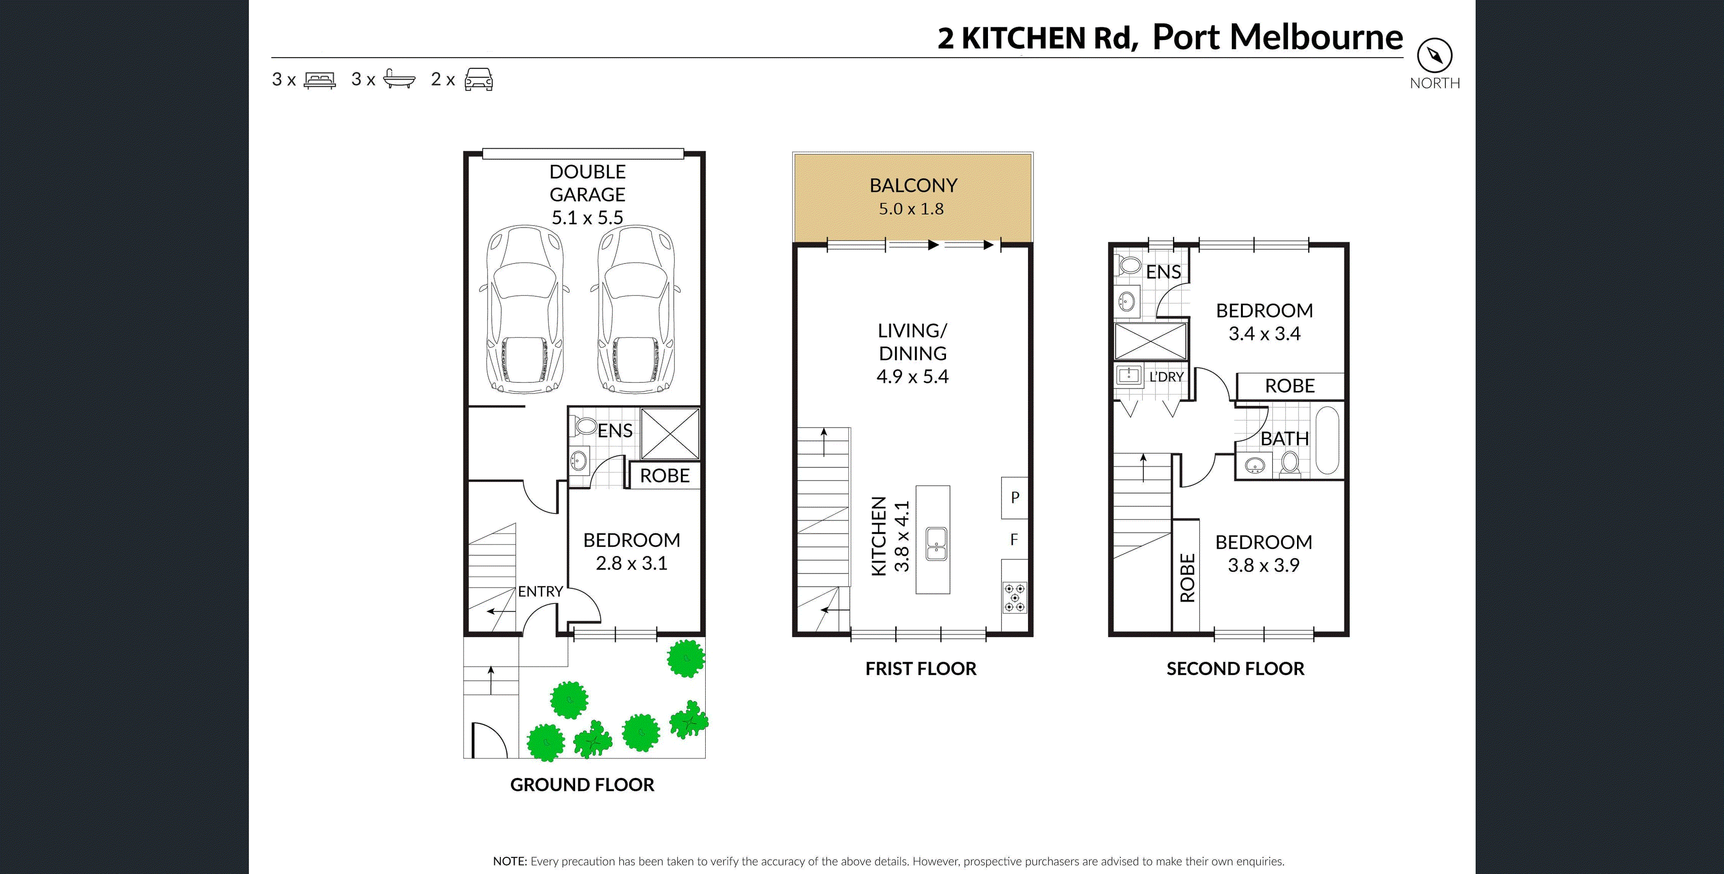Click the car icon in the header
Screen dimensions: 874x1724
[479, 79]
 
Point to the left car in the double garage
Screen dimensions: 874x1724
[525, 309]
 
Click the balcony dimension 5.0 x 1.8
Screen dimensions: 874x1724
[911, 209]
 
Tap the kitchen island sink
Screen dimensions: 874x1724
[936, 543]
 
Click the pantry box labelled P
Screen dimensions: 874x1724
[1015, 497]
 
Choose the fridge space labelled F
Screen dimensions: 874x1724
[1014, 539]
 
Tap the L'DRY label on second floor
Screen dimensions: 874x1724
[1166, 377]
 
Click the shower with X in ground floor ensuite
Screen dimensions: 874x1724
[670, 433]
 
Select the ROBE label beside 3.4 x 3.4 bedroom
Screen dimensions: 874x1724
[1289, 386]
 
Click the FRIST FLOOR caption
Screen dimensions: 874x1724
[920, 669]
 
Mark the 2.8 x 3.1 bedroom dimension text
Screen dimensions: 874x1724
[631, 563]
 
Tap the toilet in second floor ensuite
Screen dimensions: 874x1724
[1129, 265]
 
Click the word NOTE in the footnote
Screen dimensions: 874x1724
[509, 861]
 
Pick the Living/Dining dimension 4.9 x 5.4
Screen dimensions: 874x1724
[912, 377]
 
